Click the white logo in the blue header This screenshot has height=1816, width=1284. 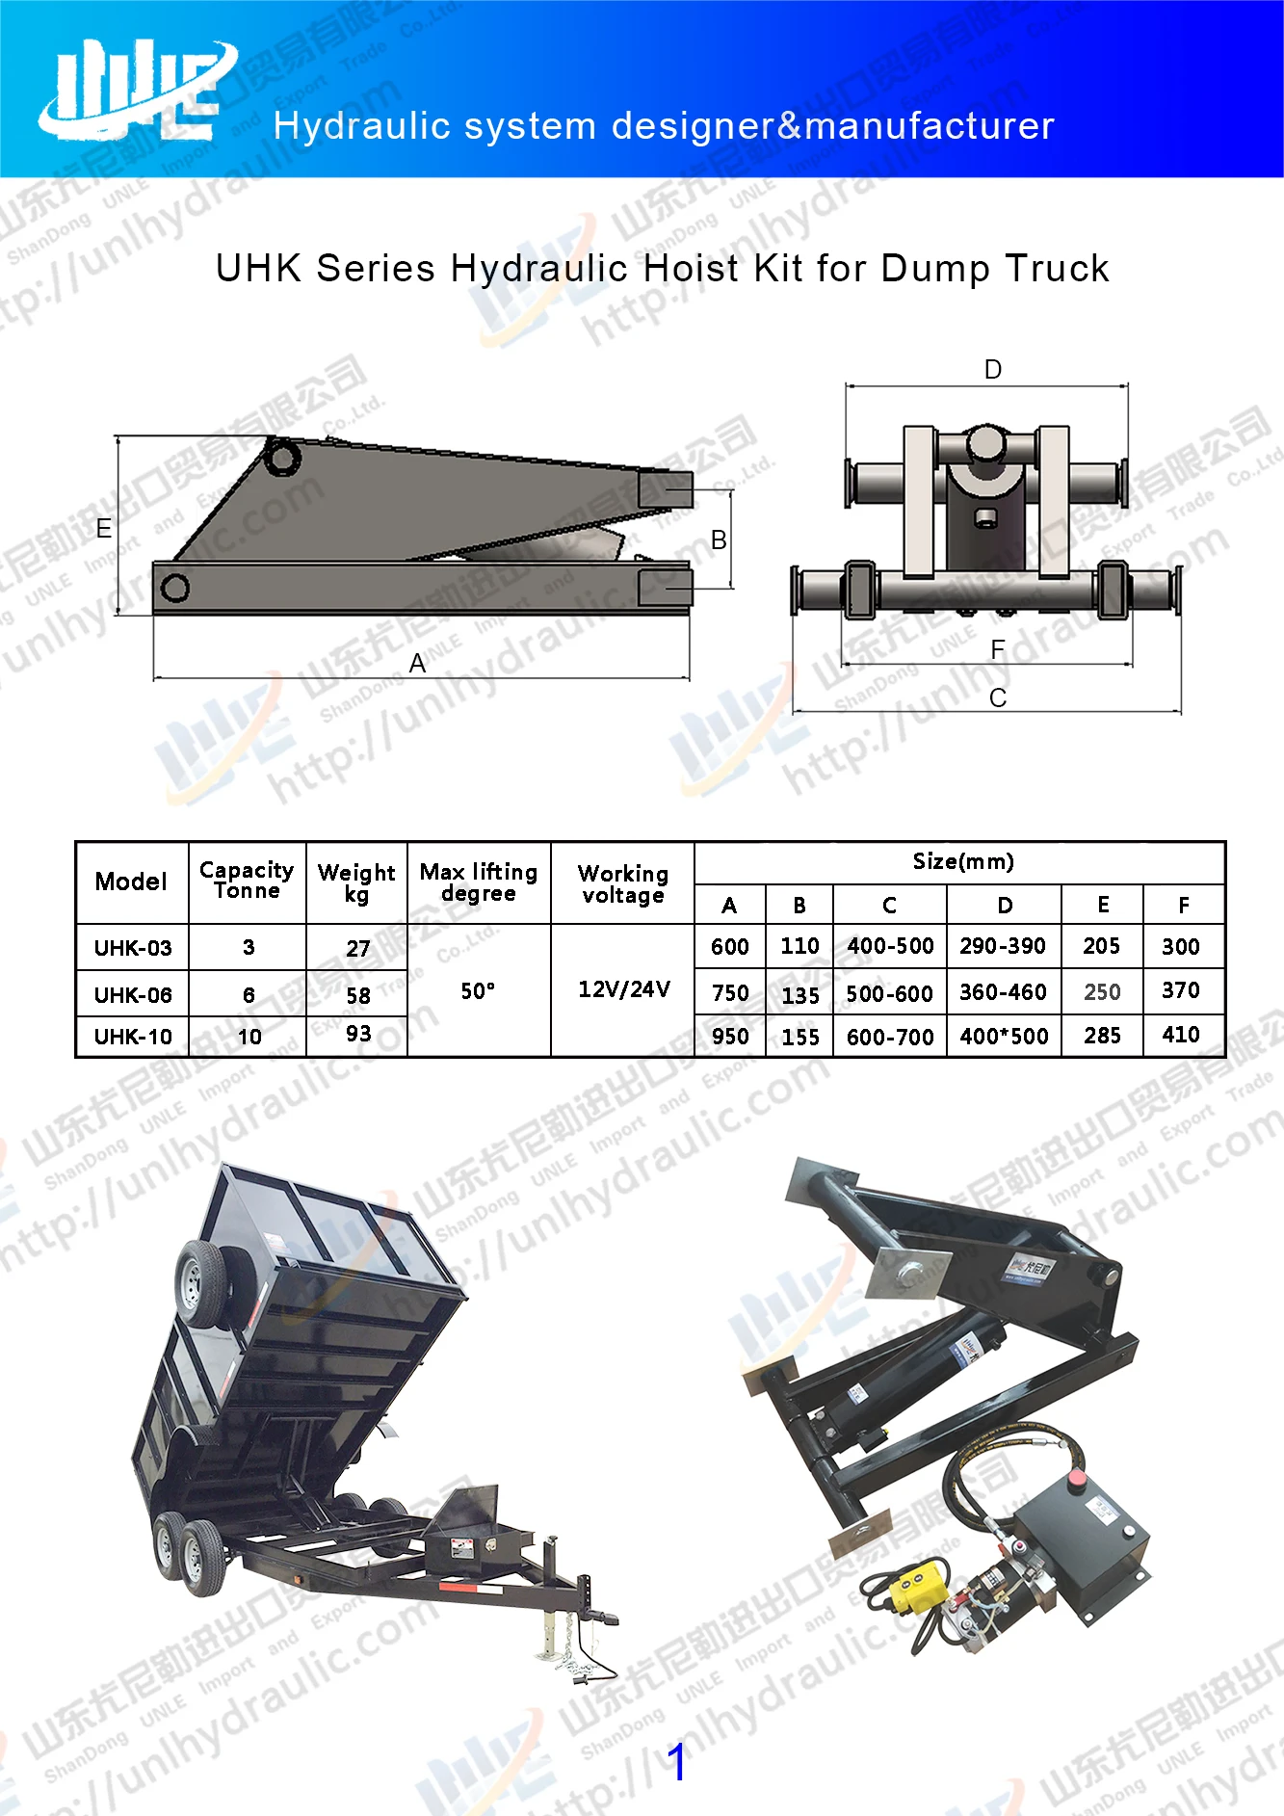[x=138, y=91]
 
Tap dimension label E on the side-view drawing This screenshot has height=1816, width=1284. [x=103, y=528]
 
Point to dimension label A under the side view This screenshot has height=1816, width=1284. [x=417, y=663]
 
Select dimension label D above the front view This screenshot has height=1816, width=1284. [x=993, y=369]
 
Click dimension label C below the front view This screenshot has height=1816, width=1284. [x=998, y=697]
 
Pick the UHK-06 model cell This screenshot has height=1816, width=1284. [x=133, y=994]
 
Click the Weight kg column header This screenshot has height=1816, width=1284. [x=356, y=882]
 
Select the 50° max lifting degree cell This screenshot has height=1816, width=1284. [x=478, y=990]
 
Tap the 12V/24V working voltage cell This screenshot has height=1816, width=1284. [x=623, y=989]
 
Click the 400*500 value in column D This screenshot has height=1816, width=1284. [x=1004, y=1037]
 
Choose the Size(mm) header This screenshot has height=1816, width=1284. [x=962, y=861]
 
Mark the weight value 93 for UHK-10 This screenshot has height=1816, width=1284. [x=358, y=1034]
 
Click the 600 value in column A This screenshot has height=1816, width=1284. [x=729, y=946]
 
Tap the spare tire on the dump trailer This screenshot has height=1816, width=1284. [x=201, y=1281]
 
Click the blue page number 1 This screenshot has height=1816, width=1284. [x=677, y=1761]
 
